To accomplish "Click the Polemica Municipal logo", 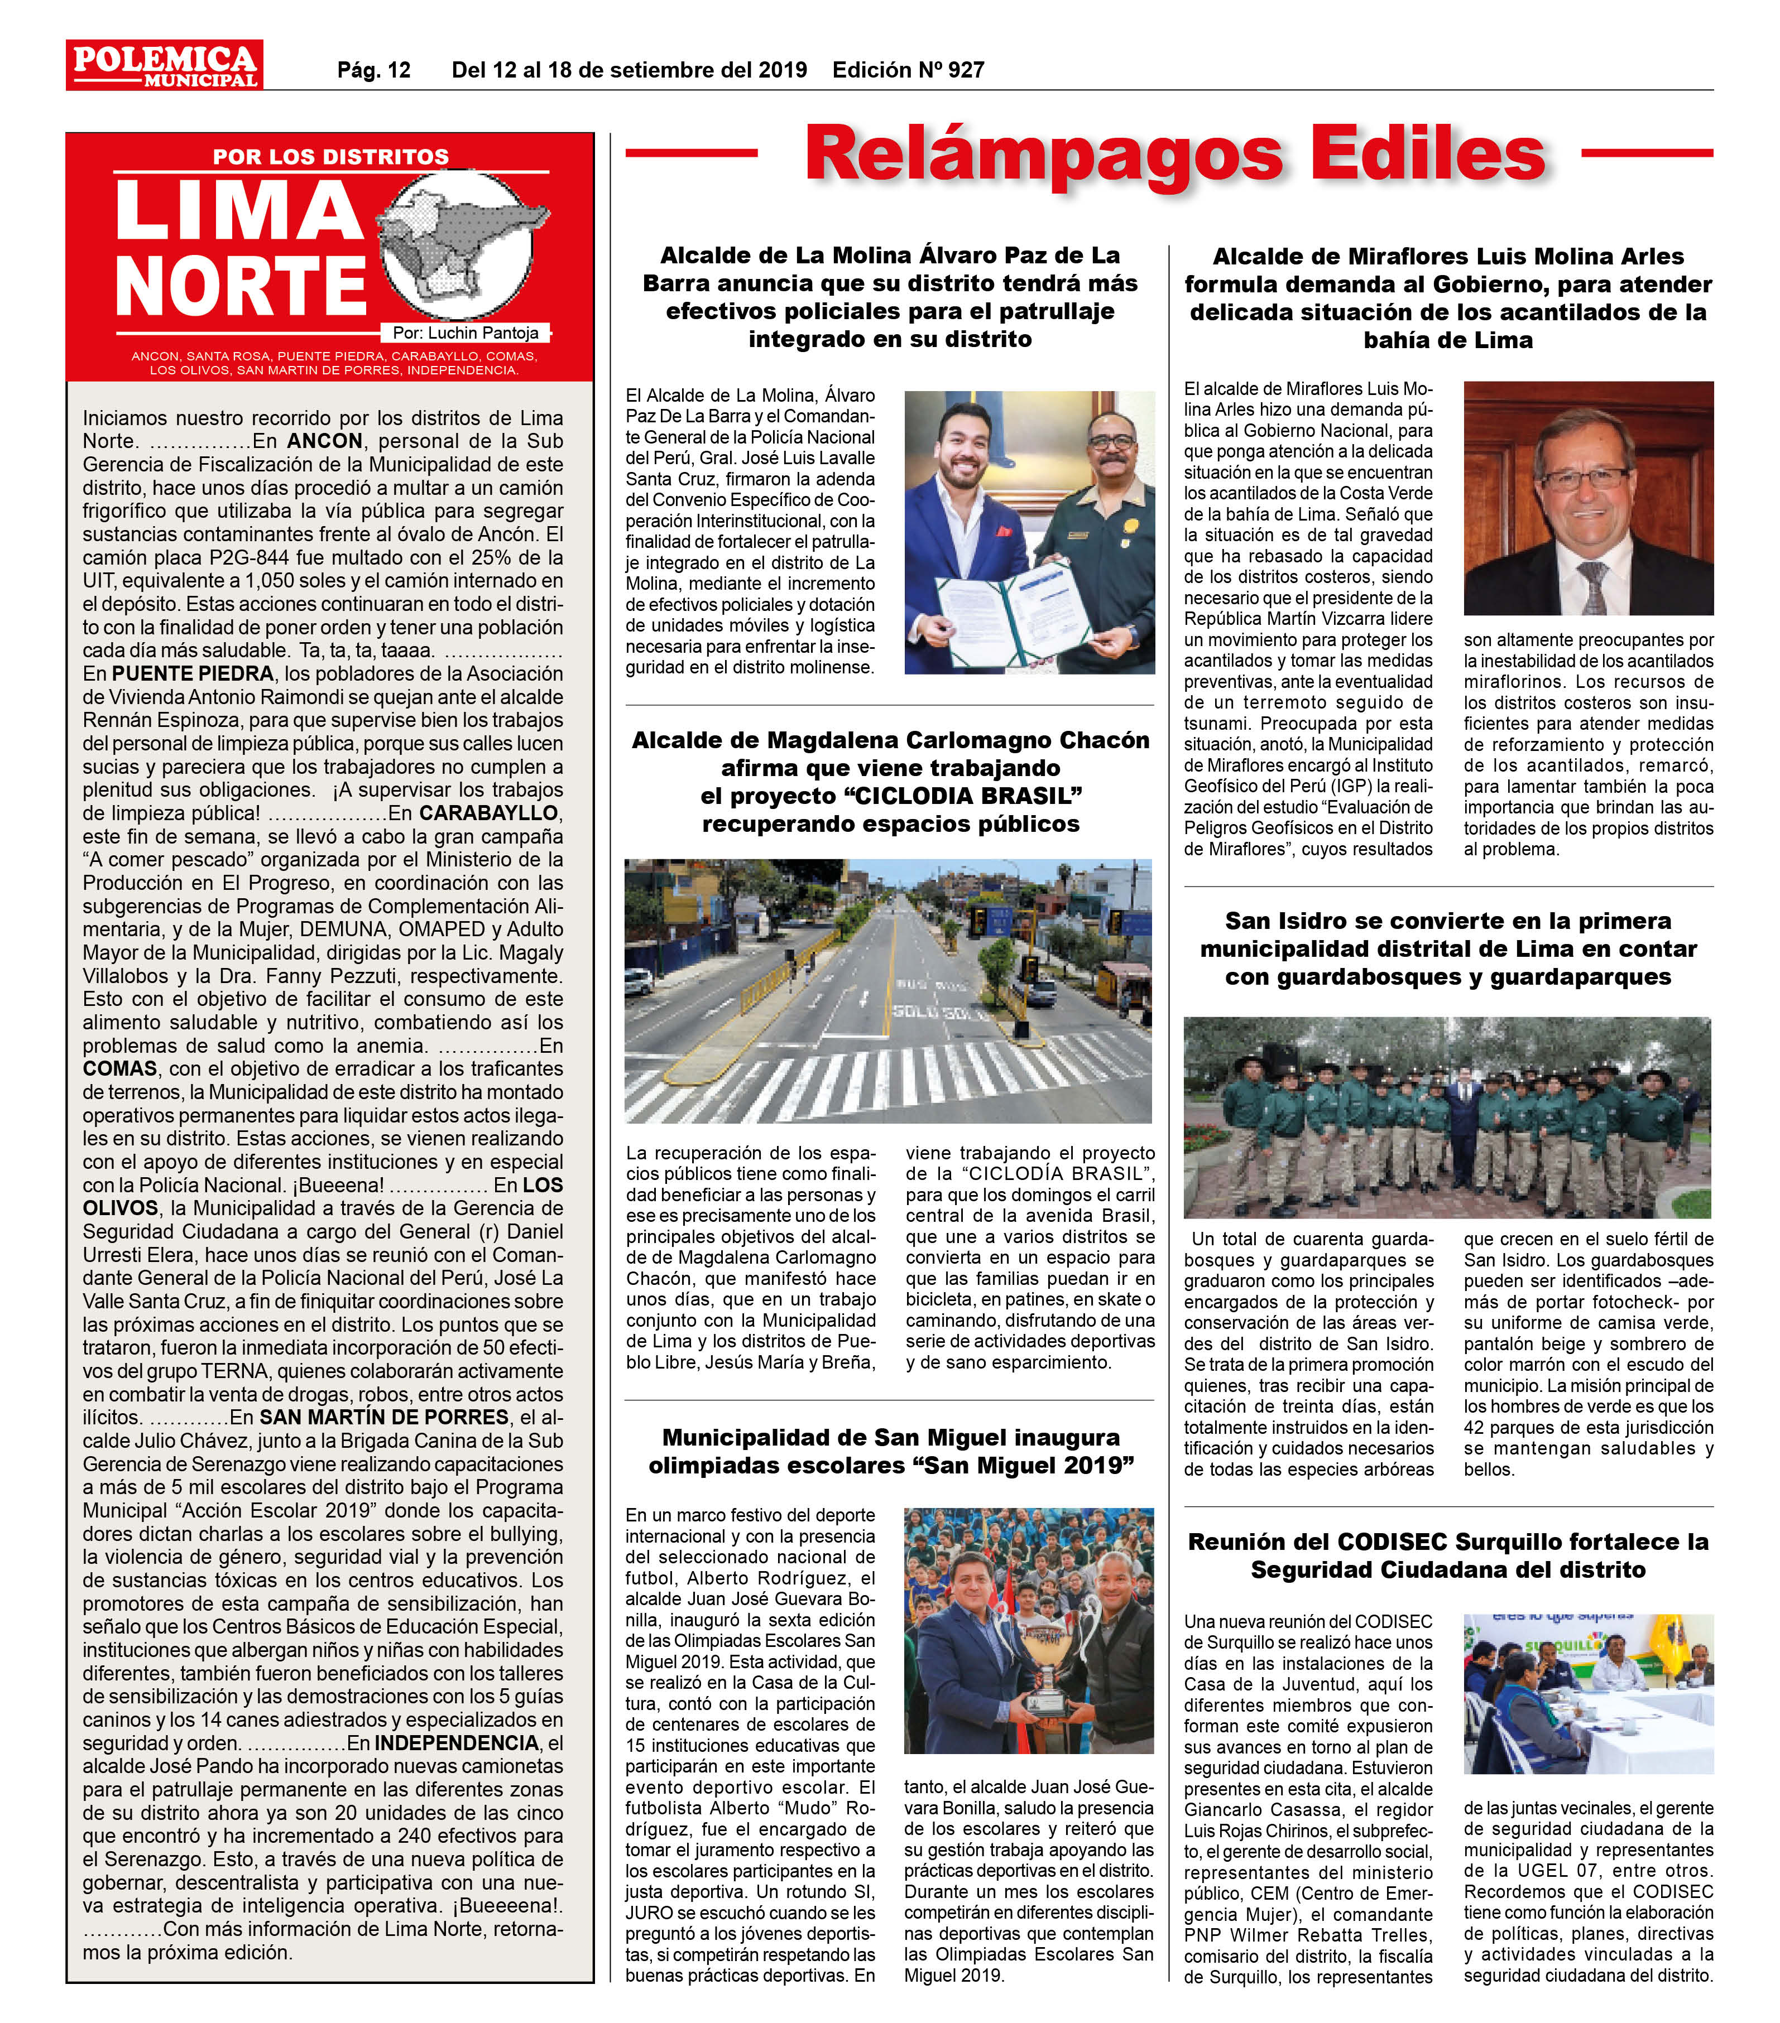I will pyautogui.click(x=164, y=65).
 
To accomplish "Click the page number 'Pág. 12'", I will pyautogui.click(x=373, y=70).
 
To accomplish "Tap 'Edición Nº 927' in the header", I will pyautogui.click(x=908, y=70).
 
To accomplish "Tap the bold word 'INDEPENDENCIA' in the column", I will pyautogui.click(x=455, y=1743).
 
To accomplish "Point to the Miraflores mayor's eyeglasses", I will pyautogui.click(x=1582, y=479).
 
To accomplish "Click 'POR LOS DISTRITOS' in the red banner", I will pyautogui.click(x=330, y=156).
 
